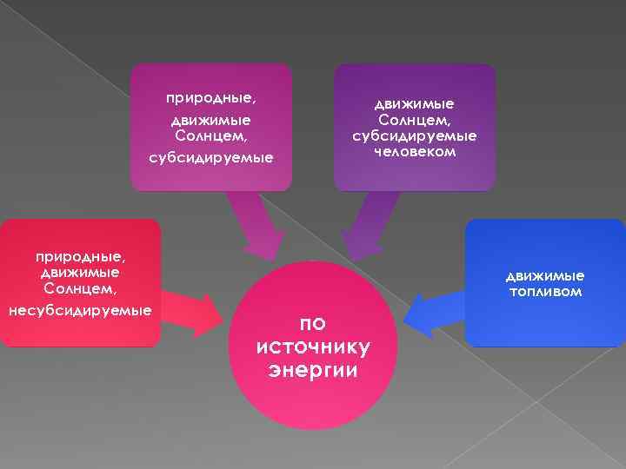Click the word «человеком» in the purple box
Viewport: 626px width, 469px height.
[414, 152]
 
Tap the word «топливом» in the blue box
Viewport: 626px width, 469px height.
[546, 292]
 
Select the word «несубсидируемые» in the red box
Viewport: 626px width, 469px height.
[80, 310]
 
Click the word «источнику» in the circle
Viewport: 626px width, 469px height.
[314, 347]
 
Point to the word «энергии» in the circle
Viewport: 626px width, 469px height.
[314, 369]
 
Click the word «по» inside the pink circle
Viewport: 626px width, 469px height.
[313, 323]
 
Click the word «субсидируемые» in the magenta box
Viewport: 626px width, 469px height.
[210, 158]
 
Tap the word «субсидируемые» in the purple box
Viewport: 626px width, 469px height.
[414, 136]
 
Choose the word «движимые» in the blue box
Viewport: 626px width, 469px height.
[546, 276]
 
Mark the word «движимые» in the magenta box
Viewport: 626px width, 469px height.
[210, 120]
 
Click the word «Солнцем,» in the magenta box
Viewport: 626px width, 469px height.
[210, 136]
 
